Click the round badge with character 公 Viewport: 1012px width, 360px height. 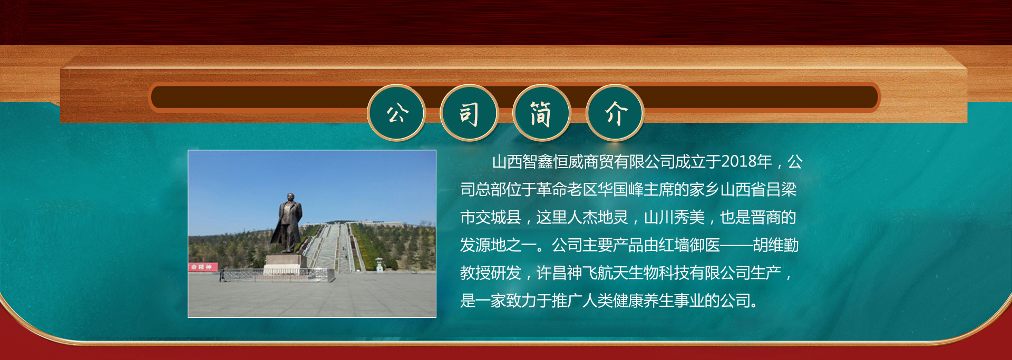[x=396, y=113]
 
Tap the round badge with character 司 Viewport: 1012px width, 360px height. [x=469, y=113]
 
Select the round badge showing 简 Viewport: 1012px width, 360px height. [x=542, y=113]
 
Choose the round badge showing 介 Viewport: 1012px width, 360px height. [x=615, y=113]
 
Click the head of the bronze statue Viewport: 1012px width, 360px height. [x=290, y=198]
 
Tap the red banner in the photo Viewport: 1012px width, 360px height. [x=203, y=267]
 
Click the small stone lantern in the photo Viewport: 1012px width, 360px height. [x=379, y=264]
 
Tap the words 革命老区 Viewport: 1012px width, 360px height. [x=567, y=189]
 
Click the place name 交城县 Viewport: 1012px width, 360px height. [x=498, y=217]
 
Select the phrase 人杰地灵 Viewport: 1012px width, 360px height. [x=598, y=217]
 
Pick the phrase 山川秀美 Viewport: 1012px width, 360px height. [x=674, y=217]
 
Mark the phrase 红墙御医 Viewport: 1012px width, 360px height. [x=689, y=245]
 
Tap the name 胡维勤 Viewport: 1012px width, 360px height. [x=776, y=245]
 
